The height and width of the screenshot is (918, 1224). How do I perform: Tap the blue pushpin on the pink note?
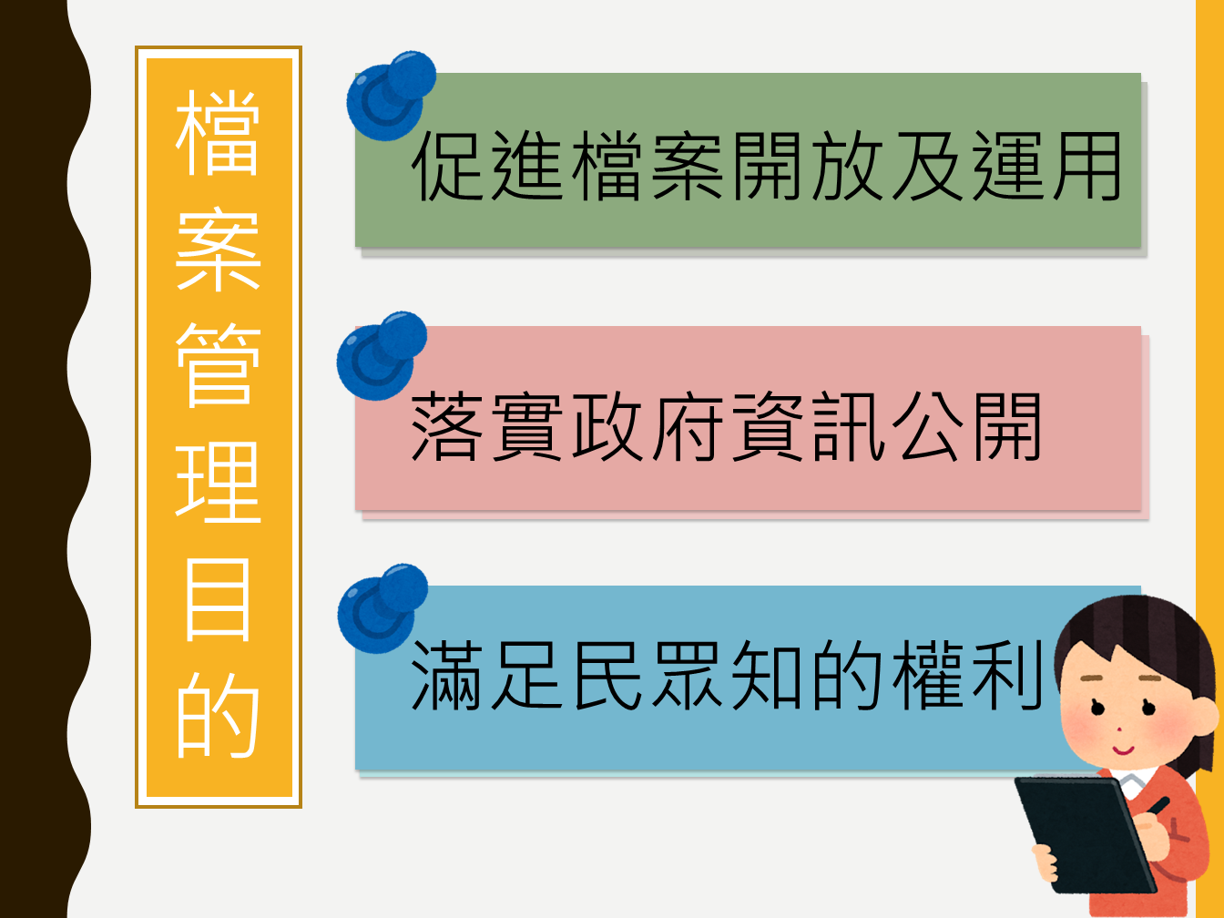coord(381,355)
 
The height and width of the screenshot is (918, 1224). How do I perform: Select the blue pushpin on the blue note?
coord(382,608)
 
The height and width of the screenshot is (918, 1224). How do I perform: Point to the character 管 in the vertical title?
coord(218,364)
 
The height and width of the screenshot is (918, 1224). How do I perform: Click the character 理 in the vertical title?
coord(218,482)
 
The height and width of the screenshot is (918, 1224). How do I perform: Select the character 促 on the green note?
coord(447,166)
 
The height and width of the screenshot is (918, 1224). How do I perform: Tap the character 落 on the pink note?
coord(446,427)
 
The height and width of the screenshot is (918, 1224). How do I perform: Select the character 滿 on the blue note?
coord(446,675)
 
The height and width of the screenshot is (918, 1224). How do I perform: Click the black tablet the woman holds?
coord(1084,834)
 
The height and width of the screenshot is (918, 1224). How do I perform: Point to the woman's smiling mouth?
coord(1123,750)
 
